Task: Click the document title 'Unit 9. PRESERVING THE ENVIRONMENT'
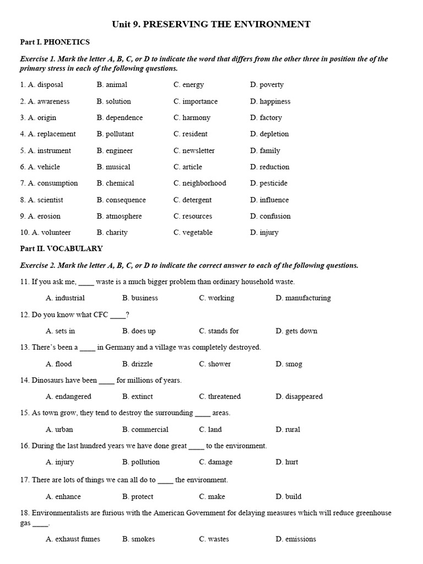(211, 24)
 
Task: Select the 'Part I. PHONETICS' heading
(55, 42)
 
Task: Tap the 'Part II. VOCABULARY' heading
(61, 248)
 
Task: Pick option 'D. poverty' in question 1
(267, 85)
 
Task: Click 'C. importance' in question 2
(196, 101)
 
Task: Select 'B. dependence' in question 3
(120, 117)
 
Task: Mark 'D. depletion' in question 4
(269, 134)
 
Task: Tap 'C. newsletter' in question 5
(194, 150)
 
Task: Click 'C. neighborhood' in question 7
(199, 183)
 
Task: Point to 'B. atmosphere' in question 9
(119, 216)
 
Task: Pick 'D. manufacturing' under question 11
(303, 298)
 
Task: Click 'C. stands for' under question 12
(219, 331)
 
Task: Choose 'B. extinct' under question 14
(138, 397)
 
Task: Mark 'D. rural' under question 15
(288, 430)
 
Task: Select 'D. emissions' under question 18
(296, 539)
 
